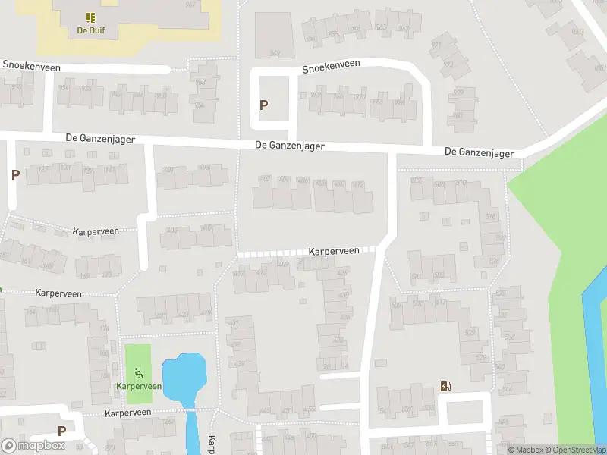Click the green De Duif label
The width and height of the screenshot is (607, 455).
(x=91, y=31)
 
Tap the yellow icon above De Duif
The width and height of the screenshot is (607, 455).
(x=91, y=17)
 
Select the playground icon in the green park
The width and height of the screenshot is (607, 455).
(x=138, y=372)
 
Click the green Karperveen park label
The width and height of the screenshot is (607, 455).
(x=139, y=386)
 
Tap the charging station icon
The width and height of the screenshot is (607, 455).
(x=446, y=386)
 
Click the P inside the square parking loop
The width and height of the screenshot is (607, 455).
(x=264, y=105)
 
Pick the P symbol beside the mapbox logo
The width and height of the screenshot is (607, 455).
(x=61, y=431)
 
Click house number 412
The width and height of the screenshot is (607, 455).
(x=359, y=184)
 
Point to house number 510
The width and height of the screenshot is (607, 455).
(x=461, y=184)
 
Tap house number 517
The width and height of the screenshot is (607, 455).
(x=442, y=302)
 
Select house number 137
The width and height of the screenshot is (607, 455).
(x=89, y=168)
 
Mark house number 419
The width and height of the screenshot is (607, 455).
(x=205, y=314)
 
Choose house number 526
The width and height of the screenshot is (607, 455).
(x=494, y=262)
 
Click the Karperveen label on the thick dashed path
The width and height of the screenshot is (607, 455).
(x=334, y=251)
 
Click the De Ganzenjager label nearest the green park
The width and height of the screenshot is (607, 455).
(x=479, y=152)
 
